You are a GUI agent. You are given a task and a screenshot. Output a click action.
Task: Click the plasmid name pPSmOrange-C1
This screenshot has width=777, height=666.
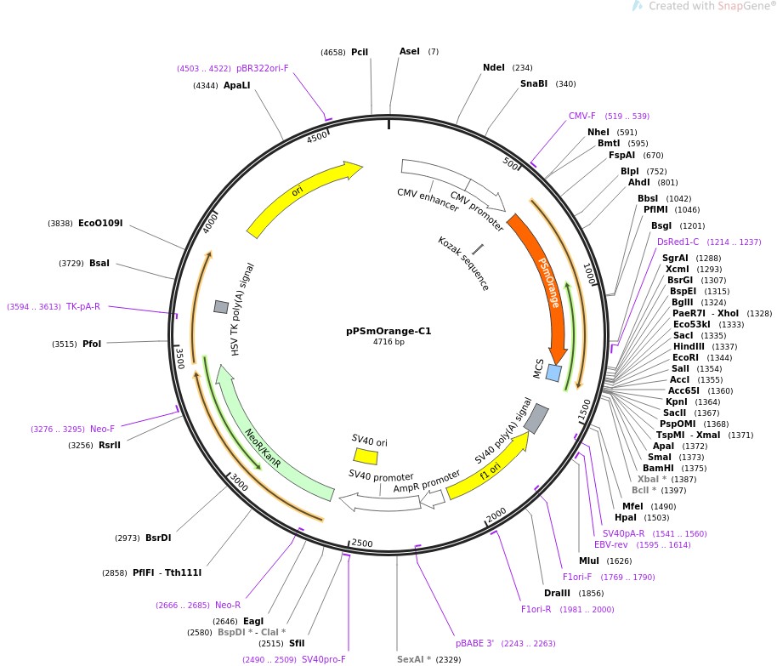click(388, 331)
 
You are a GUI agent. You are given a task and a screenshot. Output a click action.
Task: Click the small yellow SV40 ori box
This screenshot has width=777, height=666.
click(366, 457)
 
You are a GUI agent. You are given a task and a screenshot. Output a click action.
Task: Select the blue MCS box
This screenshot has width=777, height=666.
click(553, 373)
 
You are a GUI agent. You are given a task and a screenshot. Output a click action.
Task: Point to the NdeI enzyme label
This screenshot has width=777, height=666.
click(494, 68)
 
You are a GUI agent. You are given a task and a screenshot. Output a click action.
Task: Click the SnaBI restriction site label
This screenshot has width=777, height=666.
click(535, 83)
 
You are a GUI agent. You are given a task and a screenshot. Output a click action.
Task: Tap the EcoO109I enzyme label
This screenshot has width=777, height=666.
click(100, 224)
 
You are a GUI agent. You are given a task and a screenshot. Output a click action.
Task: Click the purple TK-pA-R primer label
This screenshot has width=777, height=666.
click(83, 307)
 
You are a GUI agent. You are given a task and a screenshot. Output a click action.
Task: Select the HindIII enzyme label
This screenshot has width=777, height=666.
click(688, 346)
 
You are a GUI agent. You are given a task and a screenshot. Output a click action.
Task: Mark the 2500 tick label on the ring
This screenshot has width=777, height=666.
click(362, 544)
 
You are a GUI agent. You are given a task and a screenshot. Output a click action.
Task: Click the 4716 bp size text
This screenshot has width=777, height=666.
click(388, 342)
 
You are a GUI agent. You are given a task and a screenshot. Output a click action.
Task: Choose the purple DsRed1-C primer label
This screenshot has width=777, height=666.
click(678, 242)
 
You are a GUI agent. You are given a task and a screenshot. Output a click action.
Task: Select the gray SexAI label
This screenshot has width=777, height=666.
click(414, 659)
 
